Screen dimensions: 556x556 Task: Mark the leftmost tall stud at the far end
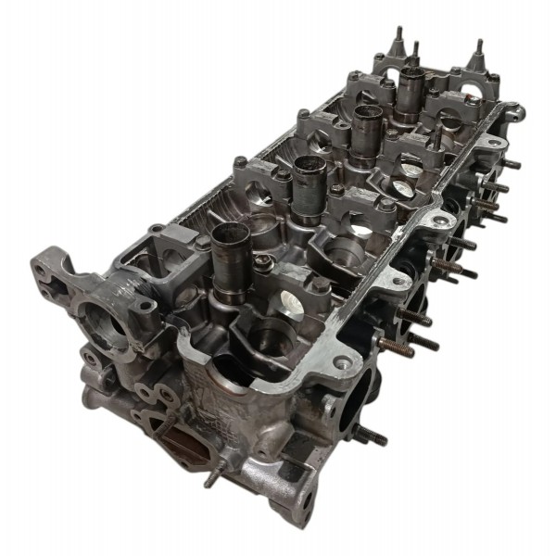[398, 42]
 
